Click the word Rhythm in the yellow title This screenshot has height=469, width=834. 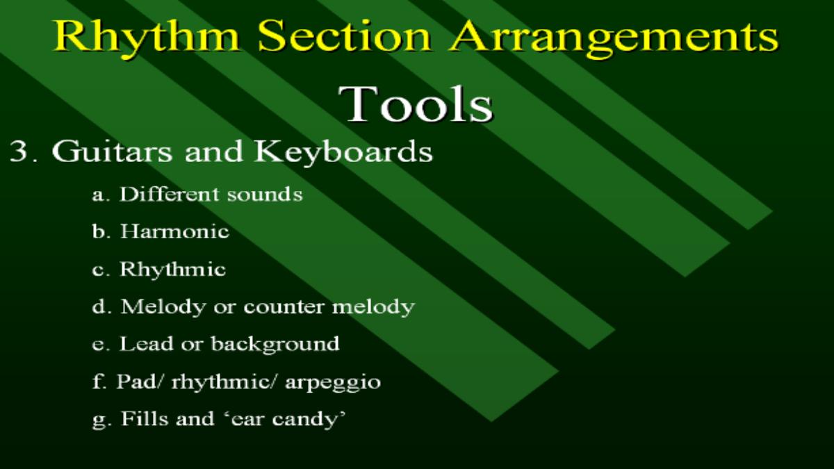pyautogui.click(x=147, y=38)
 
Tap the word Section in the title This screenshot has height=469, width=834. pyautogui.click(x=344, y=35)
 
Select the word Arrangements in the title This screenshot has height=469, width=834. pyautogui.click(x=614, y=38)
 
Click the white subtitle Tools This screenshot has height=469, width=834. pyautogui.click(x=416, y=104)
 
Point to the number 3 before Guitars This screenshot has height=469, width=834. pyautogui.click(x=18, y=151)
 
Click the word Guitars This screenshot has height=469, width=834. pyautogui.click(x=112, y=151)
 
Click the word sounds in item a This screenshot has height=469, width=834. pyautogui.click(x=265, y=195)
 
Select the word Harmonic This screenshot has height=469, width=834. pyautogui.click(x=174, y=231)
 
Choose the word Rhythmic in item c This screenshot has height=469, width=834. pyautogui.click(x=173, y=268)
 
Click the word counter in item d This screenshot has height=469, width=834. pyautogui.click(x=284, y=307)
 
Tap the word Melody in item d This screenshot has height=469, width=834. pyautogui.click(x=163, y=307)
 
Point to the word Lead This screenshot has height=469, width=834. pyautogui.click(x=147, y=343)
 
